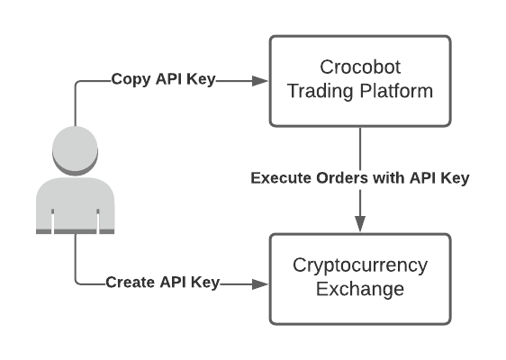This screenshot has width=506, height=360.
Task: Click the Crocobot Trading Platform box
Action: (360, 81)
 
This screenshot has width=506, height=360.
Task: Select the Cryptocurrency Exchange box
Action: (360, 279)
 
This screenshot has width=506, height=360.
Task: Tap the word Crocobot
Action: (360, 68)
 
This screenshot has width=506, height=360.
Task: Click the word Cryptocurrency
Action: (360, 266)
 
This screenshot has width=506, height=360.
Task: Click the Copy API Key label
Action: (163, 78)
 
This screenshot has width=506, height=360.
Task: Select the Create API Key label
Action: (162, 282)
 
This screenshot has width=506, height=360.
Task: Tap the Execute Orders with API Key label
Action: (359, 177)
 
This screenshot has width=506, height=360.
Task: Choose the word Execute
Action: (277, 177)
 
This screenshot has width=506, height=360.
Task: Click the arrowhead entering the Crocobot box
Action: (261, 80)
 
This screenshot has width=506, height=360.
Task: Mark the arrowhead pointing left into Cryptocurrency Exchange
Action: (261, 283)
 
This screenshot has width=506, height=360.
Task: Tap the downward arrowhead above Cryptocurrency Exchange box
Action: (360, 224)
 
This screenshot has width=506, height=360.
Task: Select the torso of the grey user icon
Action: (75, 205)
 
